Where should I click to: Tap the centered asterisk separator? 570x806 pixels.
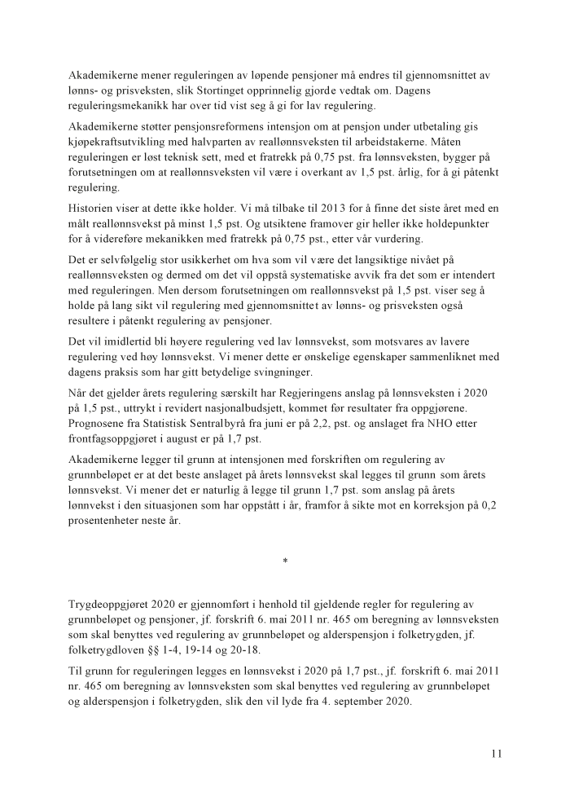(x=285, y=562)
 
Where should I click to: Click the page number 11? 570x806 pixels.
(x=496, y=754)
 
